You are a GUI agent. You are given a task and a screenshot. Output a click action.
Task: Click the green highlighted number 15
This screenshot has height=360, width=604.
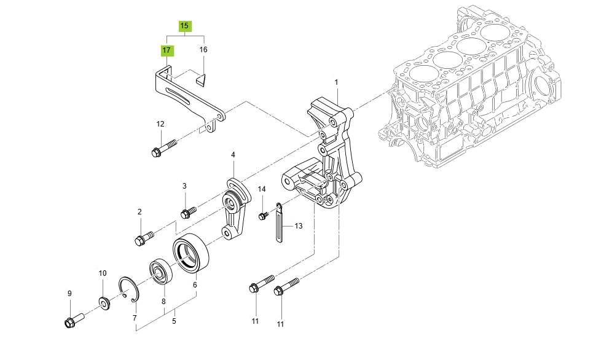click(x=185, y=26)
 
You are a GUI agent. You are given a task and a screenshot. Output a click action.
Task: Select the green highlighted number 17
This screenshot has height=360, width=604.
click(x=167, y=50)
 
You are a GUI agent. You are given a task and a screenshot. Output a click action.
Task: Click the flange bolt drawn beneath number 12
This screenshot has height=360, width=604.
click(x=162, y=148)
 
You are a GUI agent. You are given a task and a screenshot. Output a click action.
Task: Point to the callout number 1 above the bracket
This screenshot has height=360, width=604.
click(x=336, y=82)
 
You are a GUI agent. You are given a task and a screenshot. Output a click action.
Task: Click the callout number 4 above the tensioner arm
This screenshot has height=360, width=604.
click(x=233, y=155)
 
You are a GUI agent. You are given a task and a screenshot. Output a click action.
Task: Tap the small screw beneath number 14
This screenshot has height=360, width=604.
click(x=264, y=215)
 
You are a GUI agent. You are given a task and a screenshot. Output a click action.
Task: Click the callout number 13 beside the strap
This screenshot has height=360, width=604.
click(x=298, y=226)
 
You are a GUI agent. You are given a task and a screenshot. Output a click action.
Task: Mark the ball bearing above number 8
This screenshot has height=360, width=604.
click(x=163, y=271)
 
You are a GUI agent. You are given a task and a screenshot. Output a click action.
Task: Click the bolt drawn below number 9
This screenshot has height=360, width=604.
click(x=73, y=320)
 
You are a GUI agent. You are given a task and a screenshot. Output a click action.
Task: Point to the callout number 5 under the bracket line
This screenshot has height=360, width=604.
click(x=174, y=321)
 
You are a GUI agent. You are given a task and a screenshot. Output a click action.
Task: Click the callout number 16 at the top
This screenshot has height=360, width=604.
click(x=203, y=50)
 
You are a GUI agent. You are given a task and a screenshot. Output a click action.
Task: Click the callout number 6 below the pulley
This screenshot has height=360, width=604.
click(x=195, y=284)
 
